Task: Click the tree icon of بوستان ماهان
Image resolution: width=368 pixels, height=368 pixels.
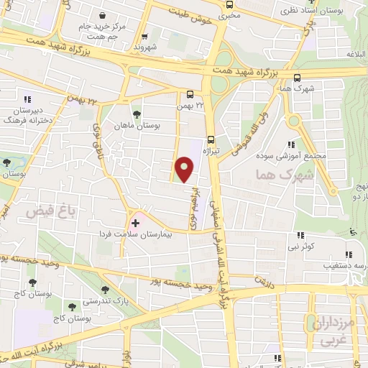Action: tap(137, 114)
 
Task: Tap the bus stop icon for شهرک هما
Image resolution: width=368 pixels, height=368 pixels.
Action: tap(297, 78)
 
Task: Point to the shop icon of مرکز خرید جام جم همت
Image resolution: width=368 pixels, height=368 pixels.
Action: tap(104, 16)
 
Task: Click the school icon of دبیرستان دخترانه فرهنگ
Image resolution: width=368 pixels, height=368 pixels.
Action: tap(28, 100)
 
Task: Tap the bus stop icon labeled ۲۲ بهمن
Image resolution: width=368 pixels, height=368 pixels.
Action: tap(190, 94)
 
